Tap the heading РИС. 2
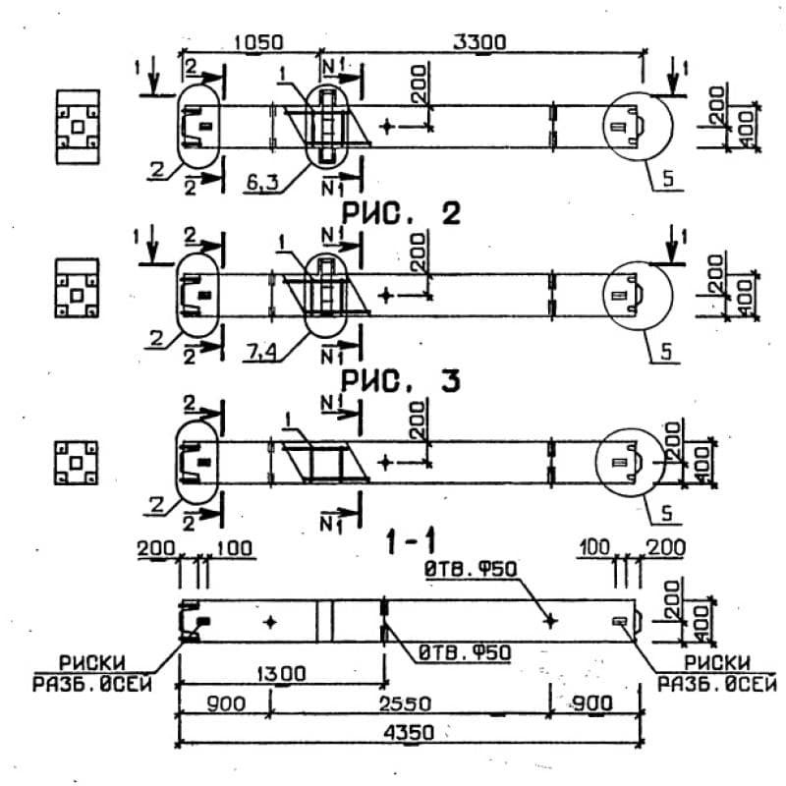pos(401,214)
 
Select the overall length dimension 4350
pos(409,732)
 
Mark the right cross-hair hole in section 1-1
pos(551,621)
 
